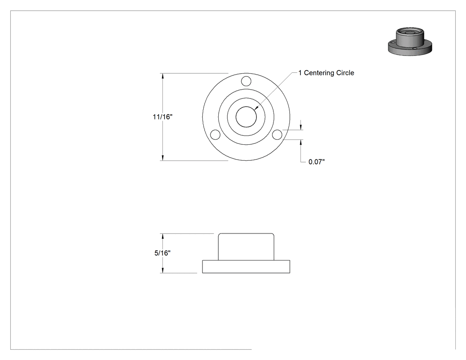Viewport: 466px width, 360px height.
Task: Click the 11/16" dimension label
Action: pos(162,117)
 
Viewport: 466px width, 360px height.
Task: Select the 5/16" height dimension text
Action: pos(162,253)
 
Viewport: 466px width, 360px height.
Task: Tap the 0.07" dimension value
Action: pos(316,162)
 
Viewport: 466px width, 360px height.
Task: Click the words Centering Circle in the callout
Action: pos(329,73)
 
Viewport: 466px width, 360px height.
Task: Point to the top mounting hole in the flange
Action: pos(246,81)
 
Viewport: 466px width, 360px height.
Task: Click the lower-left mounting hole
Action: pos(215,135)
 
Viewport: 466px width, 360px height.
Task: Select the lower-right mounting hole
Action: pos(277,135)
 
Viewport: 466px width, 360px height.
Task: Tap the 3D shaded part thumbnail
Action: pos(410,42)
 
